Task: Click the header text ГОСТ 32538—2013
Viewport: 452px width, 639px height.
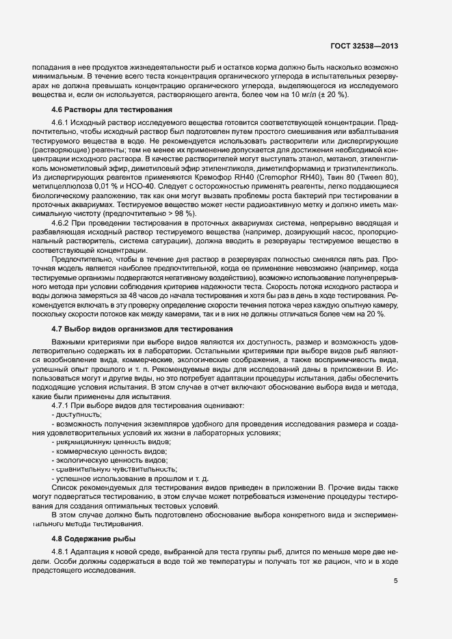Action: (362, 46)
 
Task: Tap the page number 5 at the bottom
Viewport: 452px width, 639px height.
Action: (395, 581)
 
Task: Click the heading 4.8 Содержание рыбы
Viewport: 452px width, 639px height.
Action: (94, 539)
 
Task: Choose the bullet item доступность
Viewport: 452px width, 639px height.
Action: (78, 414)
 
